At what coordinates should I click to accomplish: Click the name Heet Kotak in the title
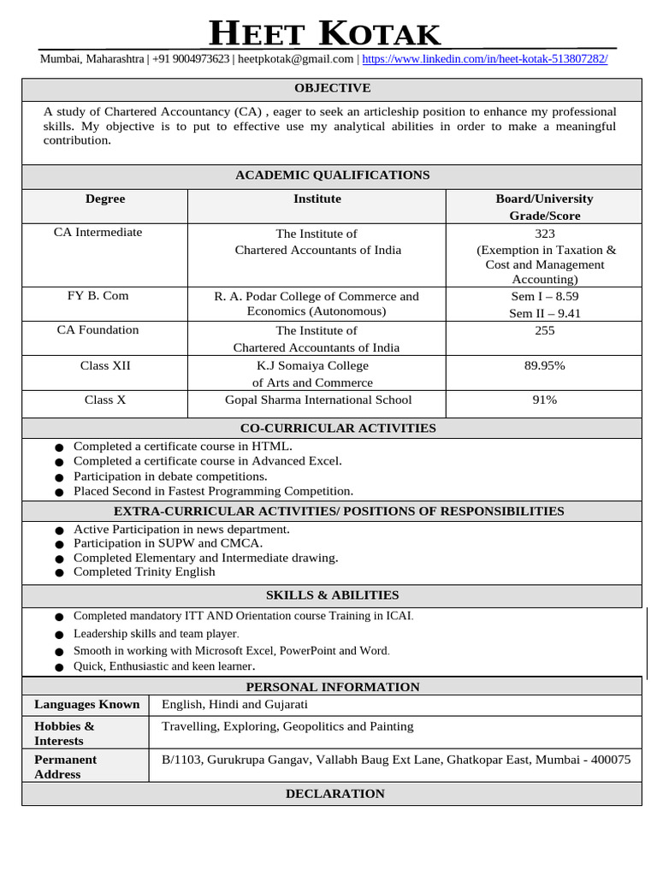click(325, 35)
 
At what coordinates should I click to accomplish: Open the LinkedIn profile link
click(485, 59)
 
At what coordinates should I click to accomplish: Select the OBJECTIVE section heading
click(332, 88)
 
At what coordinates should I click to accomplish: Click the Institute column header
click(317, 198)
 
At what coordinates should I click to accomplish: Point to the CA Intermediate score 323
click(545, 234)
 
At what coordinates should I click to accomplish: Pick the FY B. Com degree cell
click(104, 296)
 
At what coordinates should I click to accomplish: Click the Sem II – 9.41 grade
click(545, 313)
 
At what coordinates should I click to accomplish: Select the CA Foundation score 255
click(545, 330)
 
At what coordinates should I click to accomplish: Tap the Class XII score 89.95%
click(545, 365)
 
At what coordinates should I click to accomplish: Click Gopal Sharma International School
click(317, 400)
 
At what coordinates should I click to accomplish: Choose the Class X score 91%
click(545, 400)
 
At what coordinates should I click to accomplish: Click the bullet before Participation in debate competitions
click(58, 477)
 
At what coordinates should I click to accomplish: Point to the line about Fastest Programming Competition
click(213, 491)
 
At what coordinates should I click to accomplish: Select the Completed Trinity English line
click(144, 571)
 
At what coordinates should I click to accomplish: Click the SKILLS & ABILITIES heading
click(332, 595)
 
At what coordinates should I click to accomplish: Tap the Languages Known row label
click(86, 704)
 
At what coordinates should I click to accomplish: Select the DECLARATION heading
click(334, 794)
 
